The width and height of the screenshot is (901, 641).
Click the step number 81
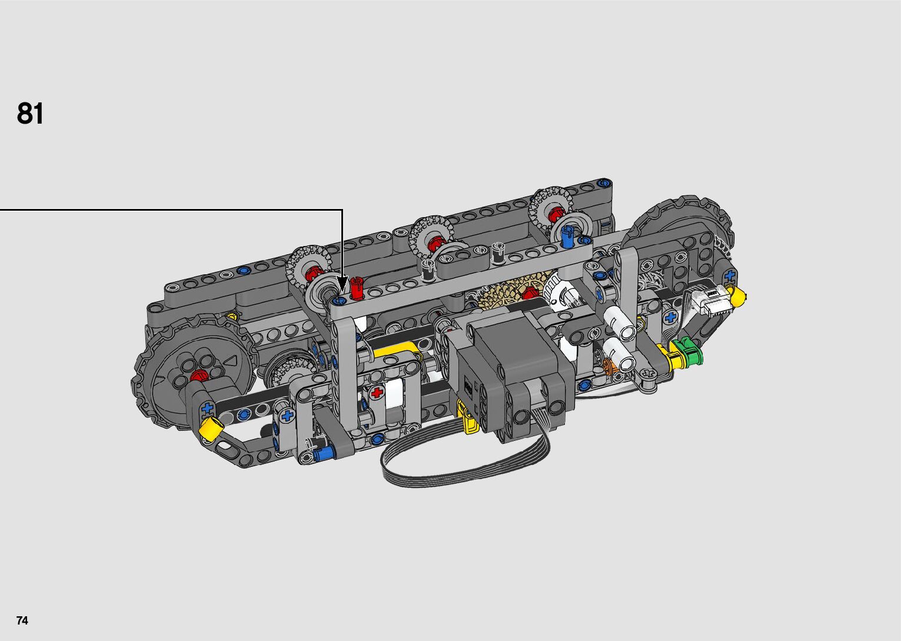(30, 114)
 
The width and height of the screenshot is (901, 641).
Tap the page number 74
(22, 620)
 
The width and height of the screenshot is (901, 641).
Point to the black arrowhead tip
(343, 291)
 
